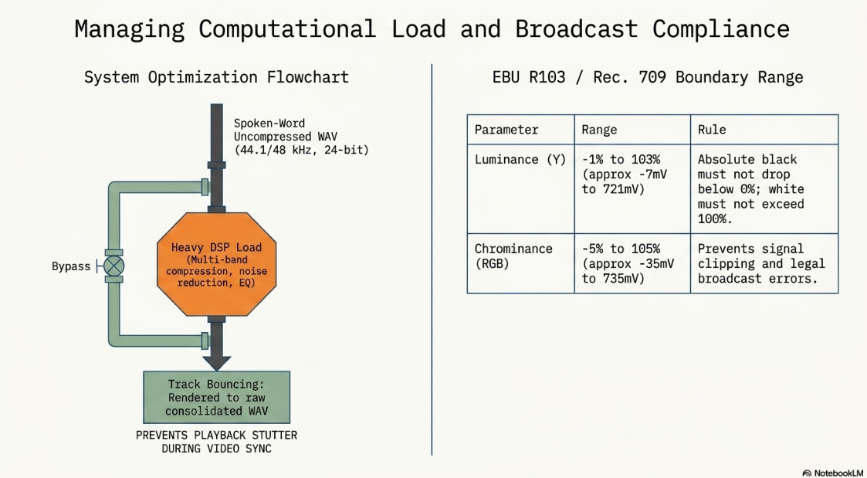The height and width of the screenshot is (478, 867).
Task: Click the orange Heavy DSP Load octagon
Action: point(217,264)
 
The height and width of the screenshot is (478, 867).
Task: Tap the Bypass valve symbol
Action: point(114,266)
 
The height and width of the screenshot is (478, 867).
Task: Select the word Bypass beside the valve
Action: point(71,266)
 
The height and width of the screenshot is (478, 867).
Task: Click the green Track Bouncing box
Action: point(217,397)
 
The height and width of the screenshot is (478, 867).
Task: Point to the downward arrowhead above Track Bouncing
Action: point(217,363)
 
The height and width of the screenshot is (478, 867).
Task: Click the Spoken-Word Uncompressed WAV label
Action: point(301,136)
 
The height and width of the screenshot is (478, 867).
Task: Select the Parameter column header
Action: point(506,130)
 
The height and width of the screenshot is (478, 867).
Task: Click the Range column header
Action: point(599,130)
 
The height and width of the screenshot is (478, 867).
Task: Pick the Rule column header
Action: point(712,130)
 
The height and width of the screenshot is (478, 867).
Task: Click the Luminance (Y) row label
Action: point(520,159)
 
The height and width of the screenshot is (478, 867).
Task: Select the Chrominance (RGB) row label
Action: point(513,256)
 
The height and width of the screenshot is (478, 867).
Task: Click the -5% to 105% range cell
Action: point(628,264)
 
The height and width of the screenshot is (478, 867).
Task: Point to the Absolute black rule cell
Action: point(751,189)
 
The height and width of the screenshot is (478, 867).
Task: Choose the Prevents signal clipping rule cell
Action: point(761,264)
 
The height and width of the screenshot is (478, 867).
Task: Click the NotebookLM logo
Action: point(833,473)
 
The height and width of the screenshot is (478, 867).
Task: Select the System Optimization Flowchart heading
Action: point(217,77)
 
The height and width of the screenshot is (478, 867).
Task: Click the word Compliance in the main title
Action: point(720,29)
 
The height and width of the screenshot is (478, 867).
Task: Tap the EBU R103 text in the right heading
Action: point(529,77)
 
